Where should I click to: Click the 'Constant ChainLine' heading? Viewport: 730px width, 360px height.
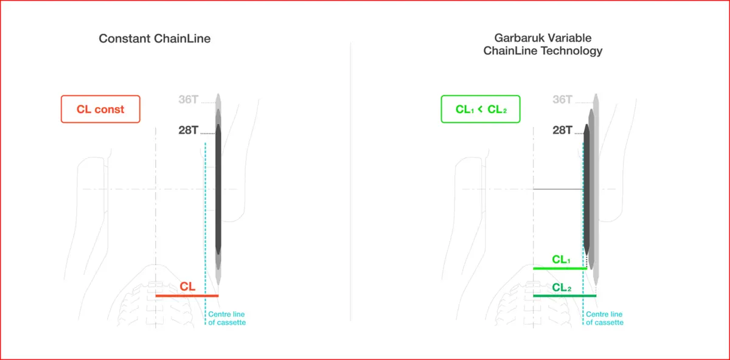click(155, 38)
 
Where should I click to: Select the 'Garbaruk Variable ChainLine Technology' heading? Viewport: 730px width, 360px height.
click(543, 44)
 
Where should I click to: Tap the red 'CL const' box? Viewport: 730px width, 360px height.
click(100, 109)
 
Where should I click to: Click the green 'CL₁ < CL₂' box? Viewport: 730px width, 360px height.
click(481, 109)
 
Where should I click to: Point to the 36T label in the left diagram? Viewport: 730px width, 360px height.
click(189, 99)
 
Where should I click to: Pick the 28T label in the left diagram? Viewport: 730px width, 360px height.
click(189, 130)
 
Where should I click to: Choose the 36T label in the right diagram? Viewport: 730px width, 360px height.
click(563, 99)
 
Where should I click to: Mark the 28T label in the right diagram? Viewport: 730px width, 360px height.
click(563, 130)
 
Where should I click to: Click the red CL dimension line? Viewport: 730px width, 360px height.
click(187, 296)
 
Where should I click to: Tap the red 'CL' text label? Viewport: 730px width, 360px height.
click(187, 286)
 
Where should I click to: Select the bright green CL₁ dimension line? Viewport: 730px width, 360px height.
click(560, 268)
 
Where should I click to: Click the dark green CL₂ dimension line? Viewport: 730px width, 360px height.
click(565, 296)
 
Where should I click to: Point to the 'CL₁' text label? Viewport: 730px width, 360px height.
click(561, 260)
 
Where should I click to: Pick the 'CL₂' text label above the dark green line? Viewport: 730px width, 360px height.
click(561, 288)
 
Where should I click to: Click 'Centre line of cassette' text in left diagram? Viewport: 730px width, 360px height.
click(227, 318)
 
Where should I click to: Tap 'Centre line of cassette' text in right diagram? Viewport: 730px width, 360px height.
click(605, 318)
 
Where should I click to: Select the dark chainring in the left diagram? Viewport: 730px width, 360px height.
click(218, 189)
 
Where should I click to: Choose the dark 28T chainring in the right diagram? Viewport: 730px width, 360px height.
click(586, 189)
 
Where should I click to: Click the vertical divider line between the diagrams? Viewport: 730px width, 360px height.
click(350, 181)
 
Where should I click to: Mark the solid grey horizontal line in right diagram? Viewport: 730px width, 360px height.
click(558, 189)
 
